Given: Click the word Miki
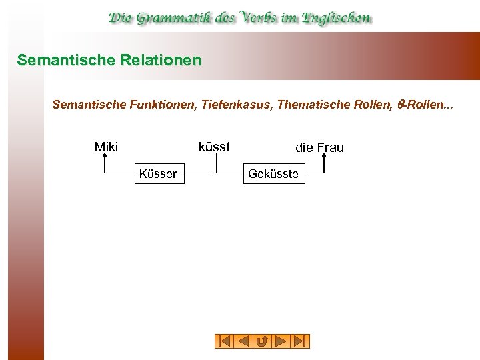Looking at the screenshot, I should pos(106,147).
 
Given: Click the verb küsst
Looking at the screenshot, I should pos(214,147).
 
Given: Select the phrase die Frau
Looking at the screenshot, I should pos(319,147).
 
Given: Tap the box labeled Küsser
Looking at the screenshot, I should pos(158,174).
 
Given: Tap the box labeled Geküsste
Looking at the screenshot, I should pos(273,175).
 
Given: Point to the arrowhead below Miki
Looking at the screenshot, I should pos(105,158).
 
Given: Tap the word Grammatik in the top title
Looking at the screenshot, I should pos(175,18).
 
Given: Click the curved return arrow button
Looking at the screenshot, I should pos(262,341).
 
